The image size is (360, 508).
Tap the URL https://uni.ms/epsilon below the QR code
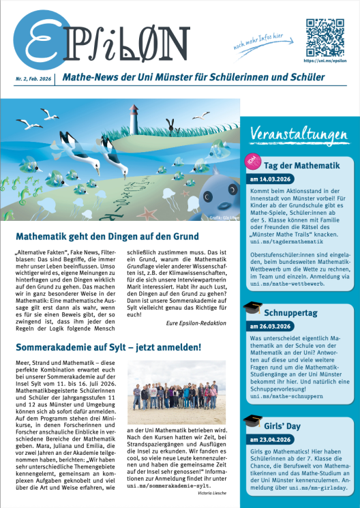(322, 60)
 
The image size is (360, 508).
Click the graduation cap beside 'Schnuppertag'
(252, 308)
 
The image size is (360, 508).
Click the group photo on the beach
(176, 383)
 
